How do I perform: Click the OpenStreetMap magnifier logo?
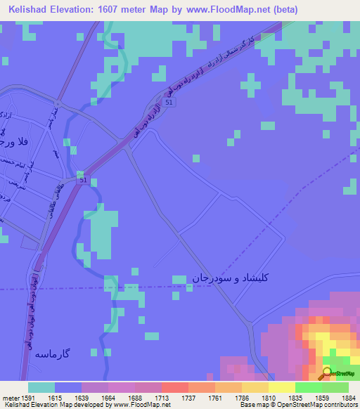[x=326, y=373]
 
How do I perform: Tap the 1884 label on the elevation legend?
[x=348, y=396]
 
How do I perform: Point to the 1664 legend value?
[x=108, y=396]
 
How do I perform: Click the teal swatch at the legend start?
[x=41, y=387]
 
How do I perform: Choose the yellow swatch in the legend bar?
[x=281, y=387]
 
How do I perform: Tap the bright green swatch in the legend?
[x=308, y=387]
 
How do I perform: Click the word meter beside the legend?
[x=9, y=396]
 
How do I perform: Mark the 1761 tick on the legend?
[x=214, y=396]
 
